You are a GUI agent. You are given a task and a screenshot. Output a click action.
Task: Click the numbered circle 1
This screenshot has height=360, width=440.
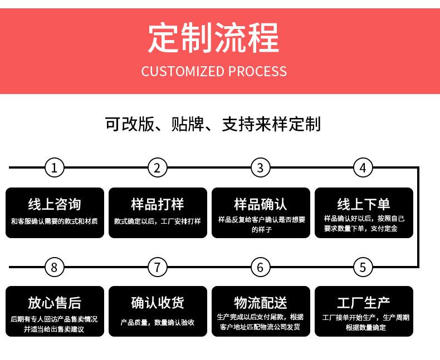(x=54, y=167)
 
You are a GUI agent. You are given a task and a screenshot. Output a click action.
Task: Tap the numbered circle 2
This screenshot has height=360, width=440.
(x=157, y=167)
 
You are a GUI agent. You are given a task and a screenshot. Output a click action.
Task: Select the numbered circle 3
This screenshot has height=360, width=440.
(x=260, y=167)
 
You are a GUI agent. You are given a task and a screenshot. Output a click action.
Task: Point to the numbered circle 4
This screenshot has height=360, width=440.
(x=363, y=167)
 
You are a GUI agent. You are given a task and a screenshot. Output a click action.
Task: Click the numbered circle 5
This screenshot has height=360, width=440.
(x=363, y=267)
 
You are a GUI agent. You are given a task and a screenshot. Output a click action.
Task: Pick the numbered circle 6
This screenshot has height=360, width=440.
(x=260, y=267)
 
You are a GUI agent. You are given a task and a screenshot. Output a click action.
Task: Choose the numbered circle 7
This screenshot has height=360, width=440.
(x=157, y=267)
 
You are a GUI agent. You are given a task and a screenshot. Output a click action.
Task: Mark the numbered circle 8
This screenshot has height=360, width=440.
(x=54, y=267)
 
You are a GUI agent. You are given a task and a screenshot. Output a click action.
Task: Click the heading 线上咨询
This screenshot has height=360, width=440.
(x=55, y=204)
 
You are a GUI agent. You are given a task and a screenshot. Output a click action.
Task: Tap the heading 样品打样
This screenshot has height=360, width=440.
(x=158, y=204)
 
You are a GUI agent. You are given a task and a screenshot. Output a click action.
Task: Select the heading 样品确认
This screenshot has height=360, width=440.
(x=261, y=204)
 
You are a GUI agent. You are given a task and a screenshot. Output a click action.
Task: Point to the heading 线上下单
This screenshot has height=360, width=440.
(x=364, y=204)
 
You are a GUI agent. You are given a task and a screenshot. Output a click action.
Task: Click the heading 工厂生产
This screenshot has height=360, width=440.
(x=364, y=303)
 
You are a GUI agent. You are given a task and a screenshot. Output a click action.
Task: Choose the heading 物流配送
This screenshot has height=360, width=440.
(x=261, y=303)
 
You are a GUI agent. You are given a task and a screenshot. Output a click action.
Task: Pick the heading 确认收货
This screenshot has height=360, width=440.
(x=158, y=303)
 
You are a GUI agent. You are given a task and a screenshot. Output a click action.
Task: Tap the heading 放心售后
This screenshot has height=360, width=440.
(x=55, y=303)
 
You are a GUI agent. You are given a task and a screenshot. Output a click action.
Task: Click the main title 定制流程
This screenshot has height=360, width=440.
(x=214, y=38)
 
